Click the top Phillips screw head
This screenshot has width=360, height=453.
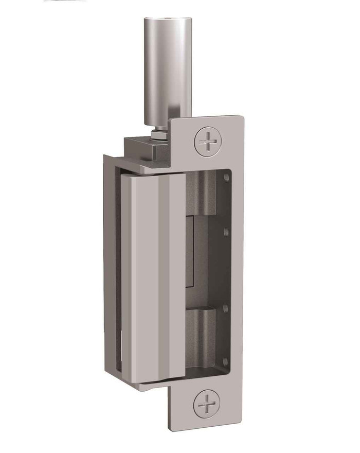click(x=208, y=141)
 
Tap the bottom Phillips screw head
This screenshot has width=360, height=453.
click(x=208, y=402)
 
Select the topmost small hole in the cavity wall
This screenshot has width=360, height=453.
click(x=226, y=178)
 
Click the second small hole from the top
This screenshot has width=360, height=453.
click(x=226, y=232)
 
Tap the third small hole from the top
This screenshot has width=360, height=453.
click(x=226, y=308)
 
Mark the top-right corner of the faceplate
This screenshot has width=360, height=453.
click(x=241, y=117)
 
